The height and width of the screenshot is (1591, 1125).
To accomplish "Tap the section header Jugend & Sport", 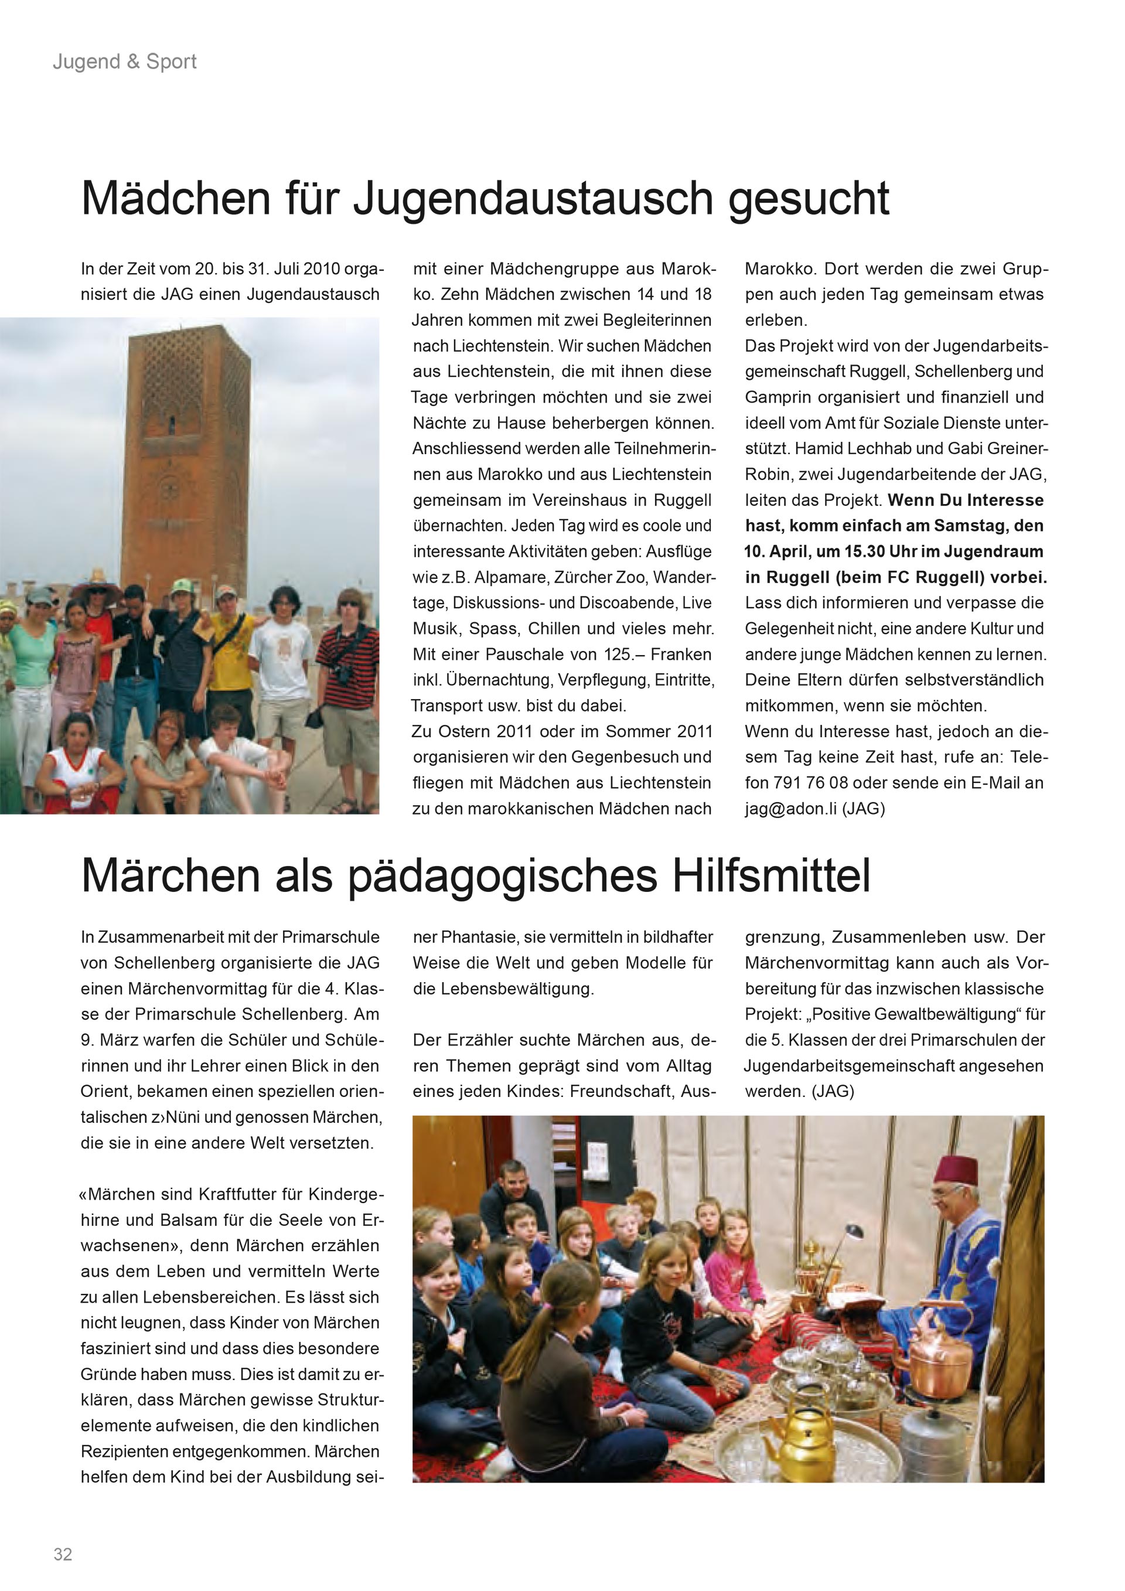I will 125,62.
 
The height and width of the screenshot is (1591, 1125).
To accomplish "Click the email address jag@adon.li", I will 791,809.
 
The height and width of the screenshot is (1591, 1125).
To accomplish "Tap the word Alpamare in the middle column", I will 509,577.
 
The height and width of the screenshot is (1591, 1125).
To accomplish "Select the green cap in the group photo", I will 182,585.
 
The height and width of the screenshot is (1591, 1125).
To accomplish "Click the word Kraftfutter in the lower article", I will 240,1195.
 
